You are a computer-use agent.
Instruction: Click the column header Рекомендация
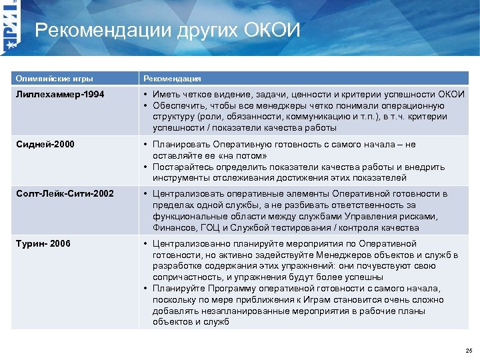(171, 78)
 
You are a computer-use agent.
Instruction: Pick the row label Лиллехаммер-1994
(61, 95)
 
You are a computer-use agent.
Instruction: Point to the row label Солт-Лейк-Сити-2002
(65, 193)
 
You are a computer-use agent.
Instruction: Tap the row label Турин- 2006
(44, 243)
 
